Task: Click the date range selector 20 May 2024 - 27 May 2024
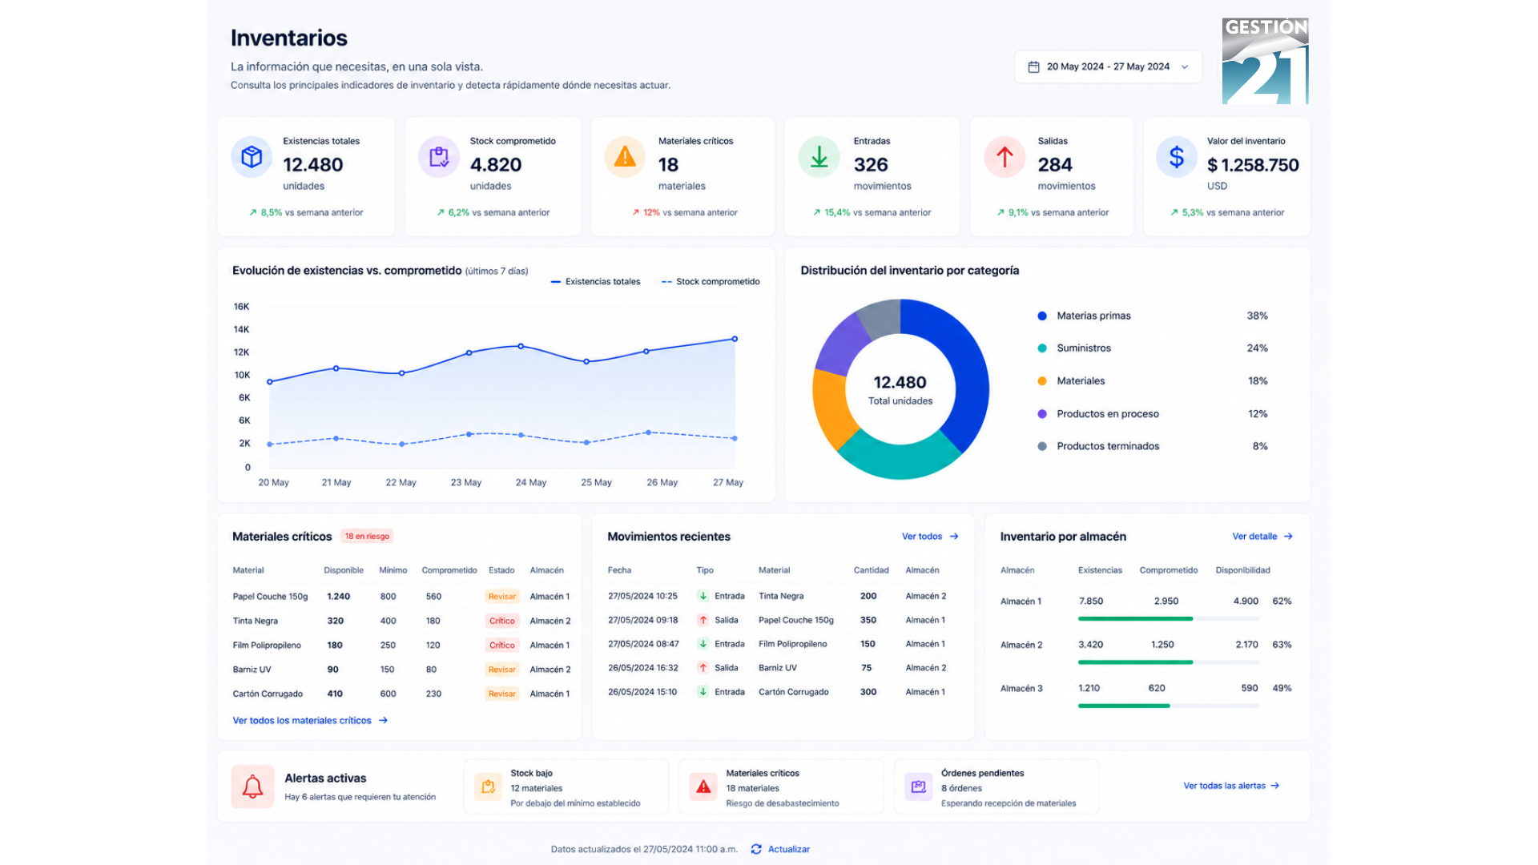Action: pyautogui.click(x=1108, y=66)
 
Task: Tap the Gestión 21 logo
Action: pyautogui.click(x=1265, y=61)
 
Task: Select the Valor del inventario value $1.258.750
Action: pyautogui.click(x=1253, y=165)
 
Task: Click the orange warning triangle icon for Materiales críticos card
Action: pyautogui.click(x=625, y=157)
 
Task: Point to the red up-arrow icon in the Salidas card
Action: pyautogui.click(x=1005, y=157)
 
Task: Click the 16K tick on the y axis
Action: pyautogui.click(x=241, y=307)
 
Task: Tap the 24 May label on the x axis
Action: pyautogui.click(x=531, y=482)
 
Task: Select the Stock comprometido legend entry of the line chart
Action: pyautogui.click(x=711, y=282)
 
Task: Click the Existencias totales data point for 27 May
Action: pyautogui.click(x=735, y=339)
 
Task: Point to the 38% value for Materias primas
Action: pyautogui.click(x=1257, y=316)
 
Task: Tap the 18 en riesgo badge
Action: pyautogui.click(x=367, y=537)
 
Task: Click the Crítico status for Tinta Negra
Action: pyautogui.click(x=502, y=621)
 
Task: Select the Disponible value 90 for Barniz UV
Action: pyautogui.click(x=332, y=670)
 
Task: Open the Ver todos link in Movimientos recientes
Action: pyautogui.click(x=930, y=537)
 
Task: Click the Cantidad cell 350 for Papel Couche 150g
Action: pyautogui.click(x=868, y=620)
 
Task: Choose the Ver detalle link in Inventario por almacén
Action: pyautogui.click(x=1262, y=537)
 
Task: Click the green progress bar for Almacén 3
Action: pyautogui.click(x=1124, y=706)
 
